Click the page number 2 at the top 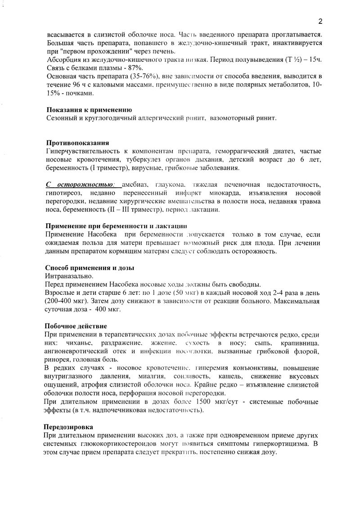(x=320, y=21)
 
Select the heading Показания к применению (x=89, y=110)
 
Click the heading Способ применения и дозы (x=90, y=268)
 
